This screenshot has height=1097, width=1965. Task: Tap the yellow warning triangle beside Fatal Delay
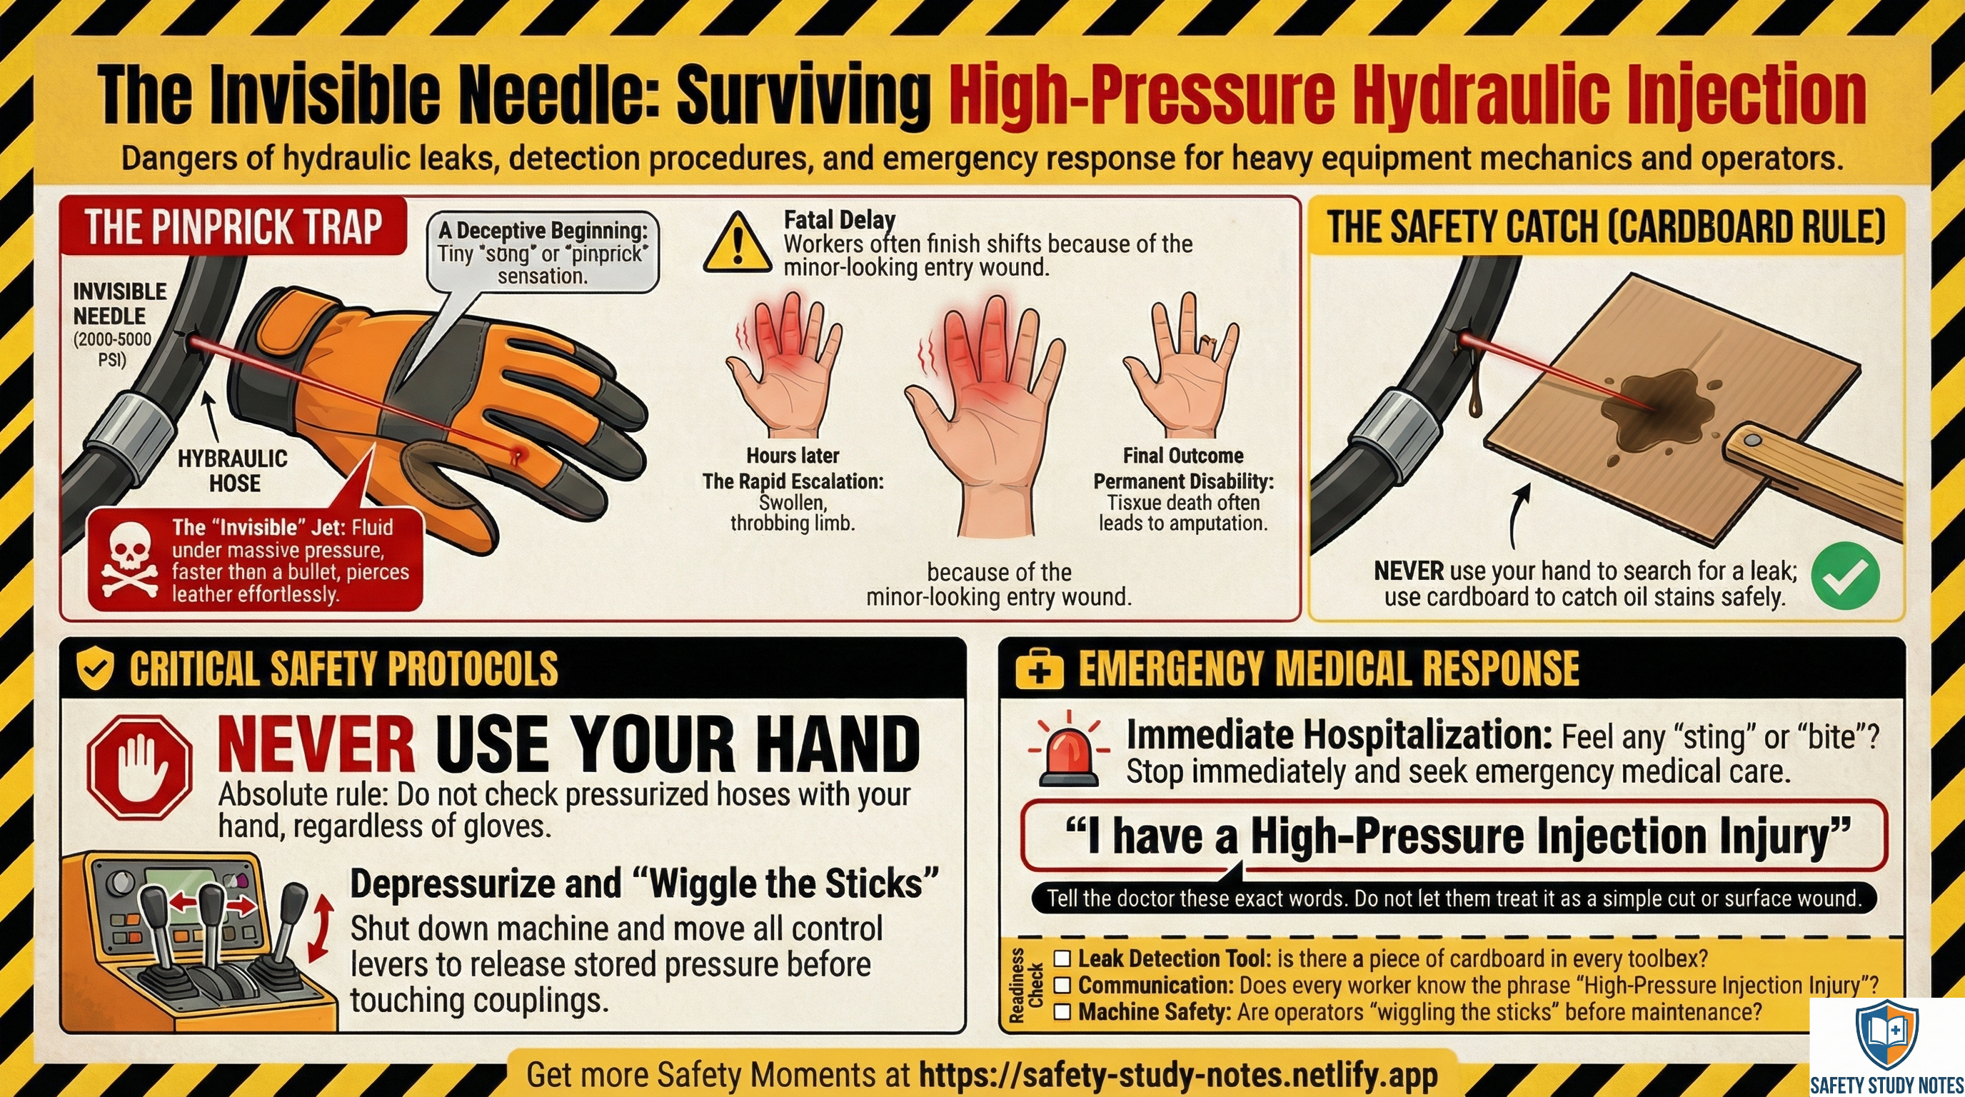[736, 244]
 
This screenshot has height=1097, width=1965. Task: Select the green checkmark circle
[1844, 575]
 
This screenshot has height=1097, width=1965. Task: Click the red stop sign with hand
[140, 766]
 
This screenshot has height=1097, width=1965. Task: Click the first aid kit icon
[1039, 670]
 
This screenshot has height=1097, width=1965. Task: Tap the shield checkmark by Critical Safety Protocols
[96, 670]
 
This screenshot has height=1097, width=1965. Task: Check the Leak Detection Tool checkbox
[1062, 958]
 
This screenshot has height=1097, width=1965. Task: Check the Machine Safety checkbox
[1062, 1012]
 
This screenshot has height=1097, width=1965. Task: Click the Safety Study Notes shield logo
[1886, 1036]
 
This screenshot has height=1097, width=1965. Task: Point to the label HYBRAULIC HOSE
[233, 471]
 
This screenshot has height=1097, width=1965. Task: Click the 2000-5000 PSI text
[112, 349]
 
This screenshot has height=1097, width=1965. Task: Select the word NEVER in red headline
[316, 743]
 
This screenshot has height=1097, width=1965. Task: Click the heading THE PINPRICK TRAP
[233, 226]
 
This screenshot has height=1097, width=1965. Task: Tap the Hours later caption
[793, 456]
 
